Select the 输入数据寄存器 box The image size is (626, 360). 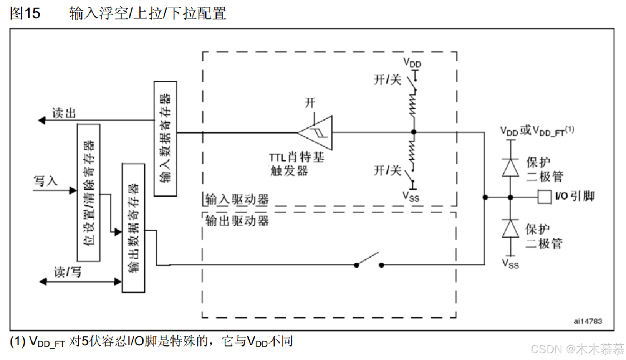coord(165,139)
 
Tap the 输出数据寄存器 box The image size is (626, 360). coord(133,228)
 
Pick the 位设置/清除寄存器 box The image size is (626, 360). coord(88,193)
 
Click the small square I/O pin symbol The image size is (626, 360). coord(544,197)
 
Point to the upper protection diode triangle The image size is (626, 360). coord(510,168)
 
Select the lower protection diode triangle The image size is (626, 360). coord(510,229)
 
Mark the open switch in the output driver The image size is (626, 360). coord(369,260)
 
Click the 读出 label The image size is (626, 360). coord(64,113)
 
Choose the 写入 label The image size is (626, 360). coord(46,181)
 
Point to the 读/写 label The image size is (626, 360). coord(67,272)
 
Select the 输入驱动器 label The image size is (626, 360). coord(237,199)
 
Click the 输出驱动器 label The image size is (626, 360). coord(237,220)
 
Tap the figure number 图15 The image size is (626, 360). coord(25,13)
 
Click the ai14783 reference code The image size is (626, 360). coord(587,321)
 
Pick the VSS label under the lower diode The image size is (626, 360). coord(510,264)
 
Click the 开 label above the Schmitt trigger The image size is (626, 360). coord(310,103)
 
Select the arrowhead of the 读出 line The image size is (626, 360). coord(41,121)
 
